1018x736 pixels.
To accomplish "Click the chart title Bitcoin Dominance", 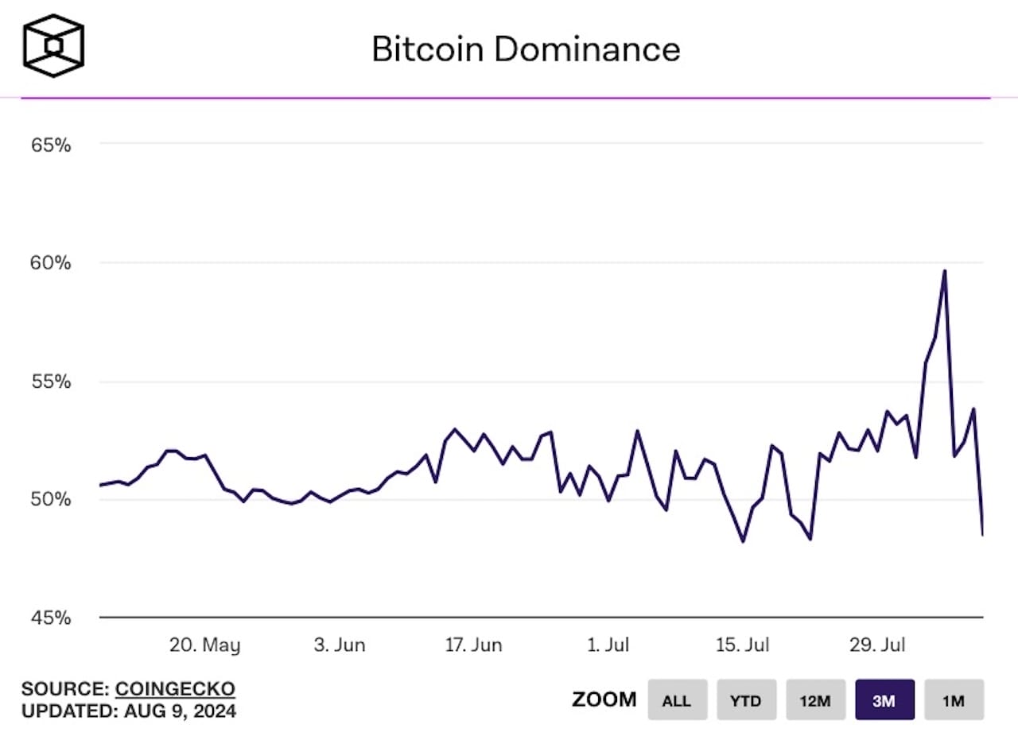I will point(526,49).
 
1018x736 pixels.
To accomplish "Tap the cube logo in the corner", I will point(53,46).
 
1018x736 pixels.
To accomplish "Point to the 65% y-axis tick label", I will point(52,145).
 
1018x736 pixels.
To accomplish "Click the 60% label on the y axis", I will point(52,263).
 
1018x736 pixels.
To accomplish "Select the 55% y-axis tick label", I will point(52,382).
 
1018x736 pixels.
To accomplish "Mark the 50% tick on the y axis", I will point(52,499).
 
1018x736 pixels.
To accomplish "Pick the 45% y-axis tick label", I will point(52,618).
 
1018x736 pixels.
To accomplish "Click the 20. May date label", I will point(204,645).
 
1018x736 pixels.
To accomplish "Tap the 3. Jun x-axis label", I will point(340,645).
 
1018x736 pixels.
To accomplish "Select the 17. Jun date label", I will point(473,645).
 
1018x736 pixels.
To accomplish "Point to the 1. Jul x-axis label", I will point(608,645).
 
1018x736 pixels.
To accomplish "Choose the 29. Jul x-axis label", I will point(877,645).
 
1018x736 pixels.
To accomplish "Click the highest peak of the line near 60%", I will point(944,271).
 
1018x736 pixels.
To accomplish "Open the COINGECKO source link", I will point(175,688).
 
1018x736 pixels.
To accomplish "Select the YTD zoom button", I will point(745,700).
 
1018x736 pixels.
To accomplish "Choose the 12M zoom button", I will point(815,700).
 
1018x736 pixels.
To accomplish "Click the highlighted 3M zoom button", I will point(884,700).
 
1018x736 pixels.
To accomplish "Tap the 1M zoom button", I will point(954,700).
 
